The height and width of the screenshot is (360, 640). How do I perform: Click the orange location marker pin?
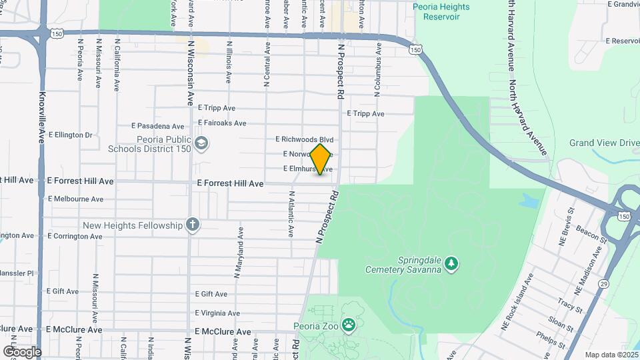coord(321,159)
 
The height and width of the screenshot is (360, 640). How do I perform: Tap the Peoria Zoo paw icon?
coord(348,325)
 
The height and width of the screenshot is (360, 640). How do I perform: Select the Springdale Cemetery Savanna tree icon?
coord(452,264)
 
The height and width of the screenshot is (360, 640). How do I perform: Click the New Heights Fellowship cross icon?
coord(193,225)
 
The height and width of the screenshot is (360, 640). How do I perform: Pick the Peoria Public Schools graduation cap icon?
coord(201,143)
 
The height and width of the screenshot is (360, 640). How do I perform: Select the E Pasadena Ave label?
coord(157,125)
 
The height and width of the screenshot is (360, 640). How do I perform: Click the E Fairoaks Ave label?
coord(222,123)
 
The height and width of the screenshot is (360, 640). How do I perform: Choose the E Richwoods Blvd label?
coord(304,140)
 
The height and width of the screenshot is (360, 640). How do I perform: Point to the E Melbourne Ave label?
coord(75,199)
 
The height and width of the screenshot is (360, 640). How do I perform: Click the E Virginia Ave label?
coord(217,313)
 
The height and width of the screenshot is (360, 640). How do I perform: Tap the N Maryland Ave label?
coord(237,251)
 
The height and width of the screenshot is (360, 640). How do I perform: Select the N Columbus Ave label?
coord(377,70)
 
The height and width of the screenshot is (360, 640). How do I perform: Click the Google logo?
coord(21,351)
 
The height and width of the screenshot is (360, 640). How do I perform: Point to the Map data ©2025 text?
coord(611,355)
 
